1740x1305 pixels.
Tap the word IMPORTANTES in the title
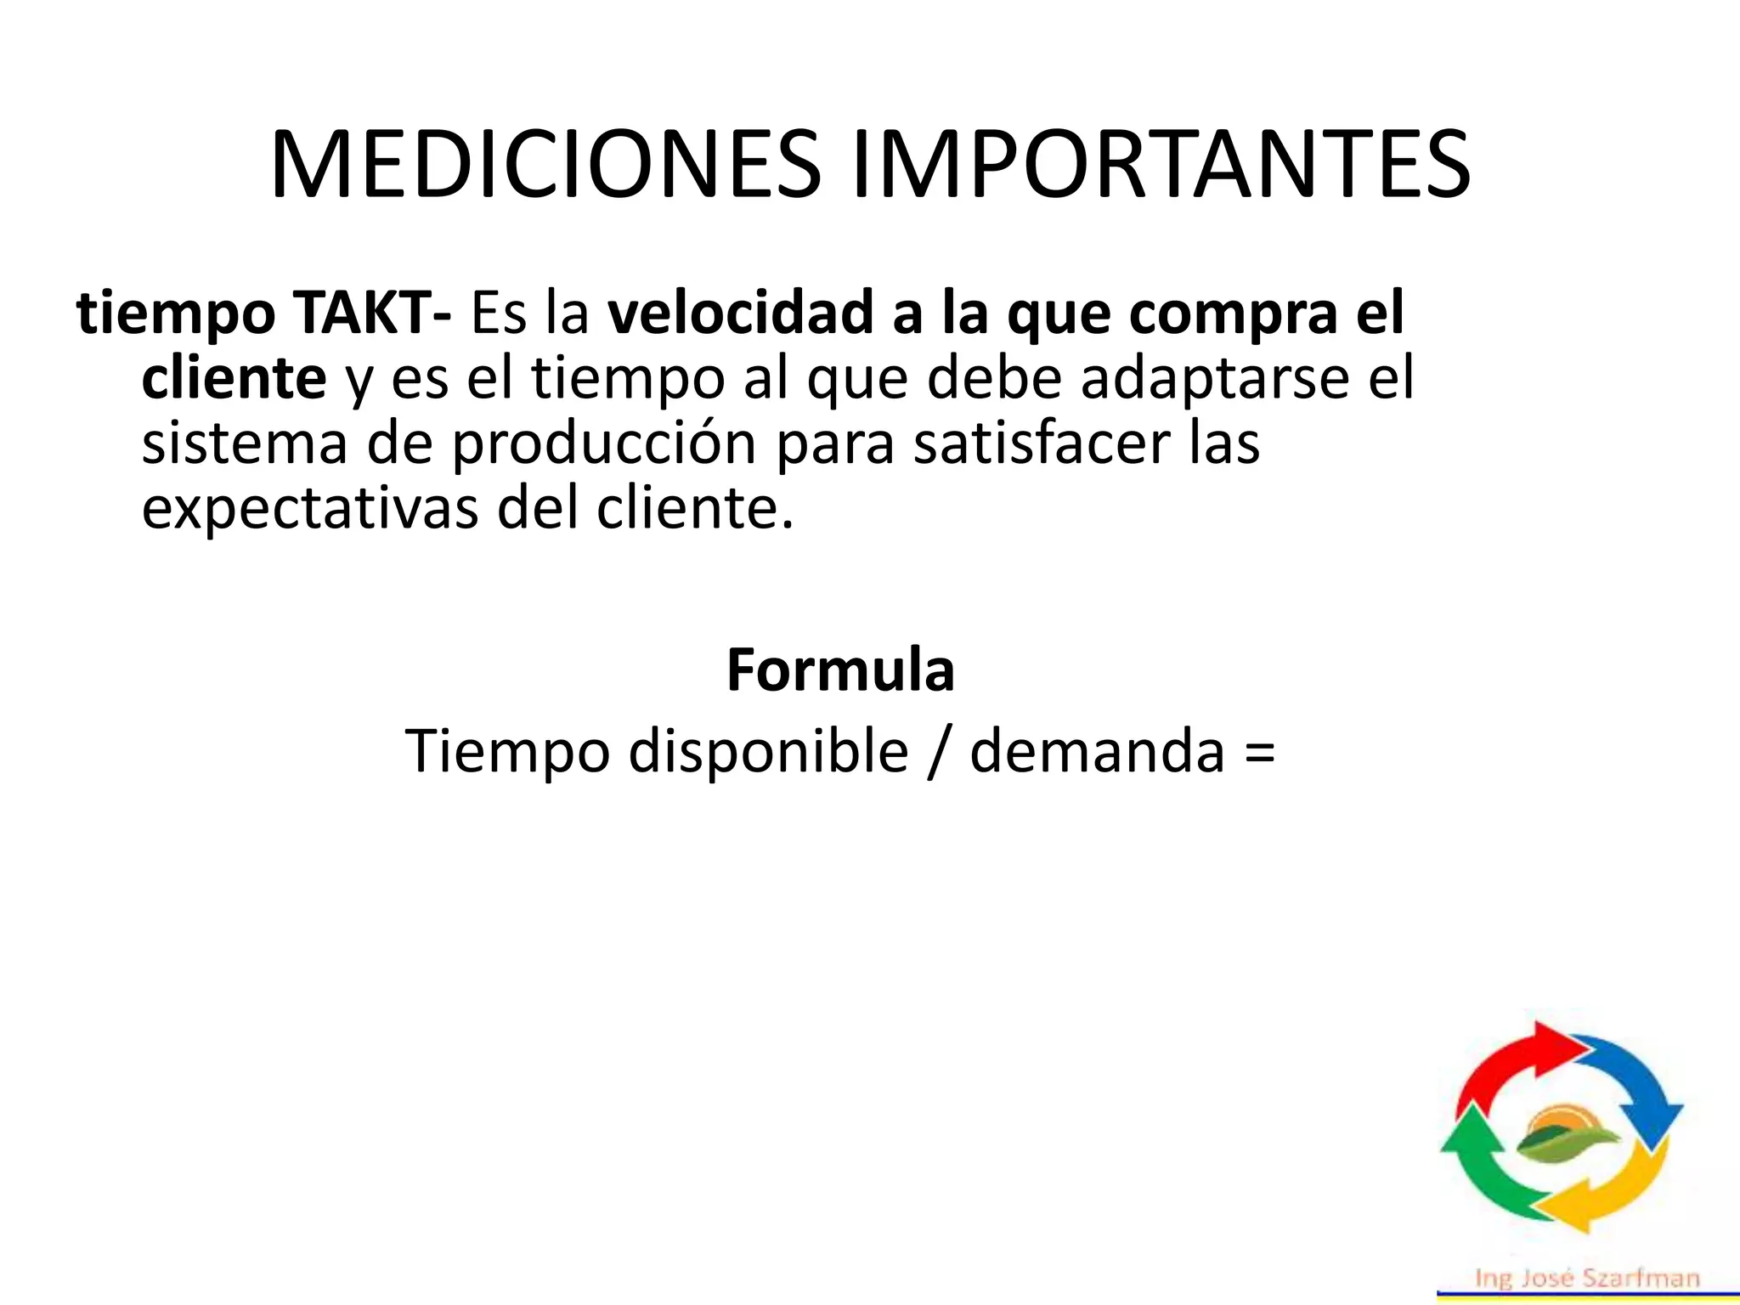[x=1161, y=165]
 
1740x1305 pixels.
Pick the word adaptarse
[x=1215, y=378]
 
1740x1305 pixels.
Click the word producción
[x=603, y=444]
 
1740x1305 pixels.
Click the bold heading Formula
[x=840, y=670]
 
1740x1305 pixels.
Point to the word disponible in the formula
[x=768, y=751]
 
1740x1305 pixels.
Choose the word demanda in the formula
[x=1097, y=751]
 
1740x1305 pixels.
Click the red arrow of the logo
[x=1511, y=1062]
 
